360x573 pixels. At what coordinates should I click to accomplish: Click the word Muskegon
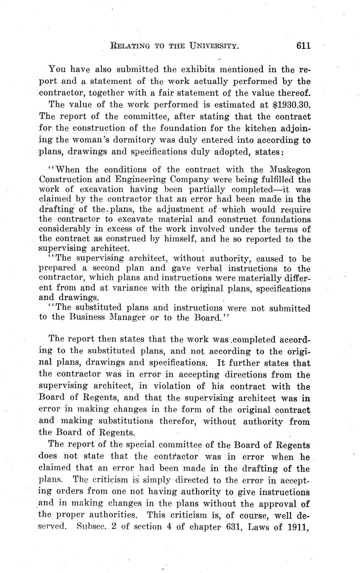point(289,170)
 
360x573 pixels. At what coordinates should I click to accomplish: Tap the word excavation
point(83,189)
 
